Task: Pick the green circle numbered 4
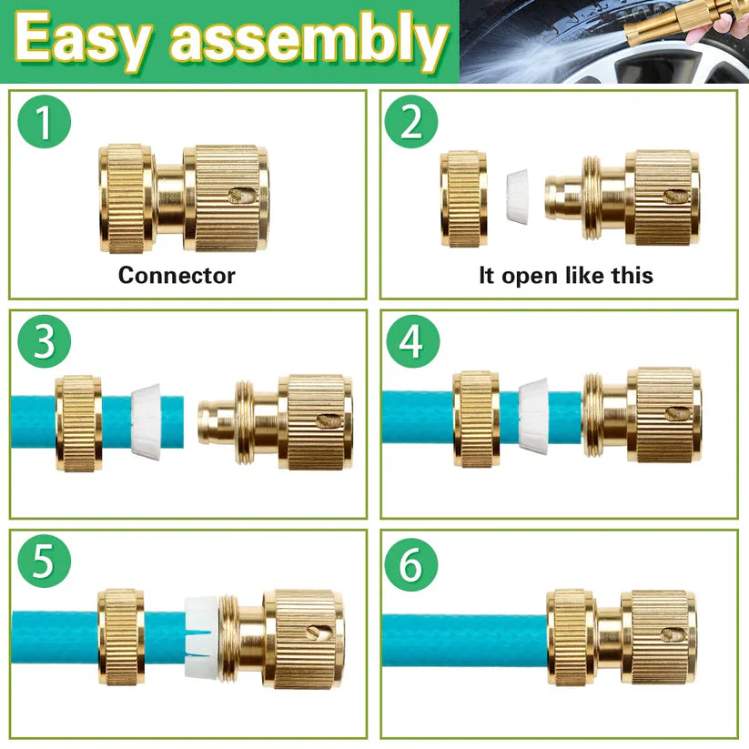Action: (411, 341)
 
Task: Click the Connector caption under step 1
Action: (177, 275)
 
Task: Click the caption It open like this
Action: (565, 275)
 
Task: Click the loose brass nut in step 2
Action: (463, 198)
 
